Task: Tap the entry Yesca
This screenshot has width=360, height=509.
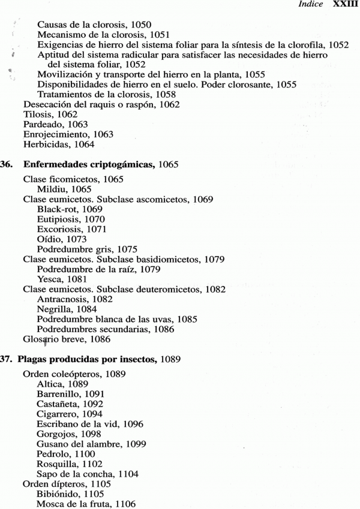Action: pos(50,279)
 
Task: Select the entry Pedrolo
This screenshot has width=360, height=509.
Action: pos(53,454)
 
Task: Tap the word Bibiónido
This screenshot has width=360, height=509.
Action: pos(58,495)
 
